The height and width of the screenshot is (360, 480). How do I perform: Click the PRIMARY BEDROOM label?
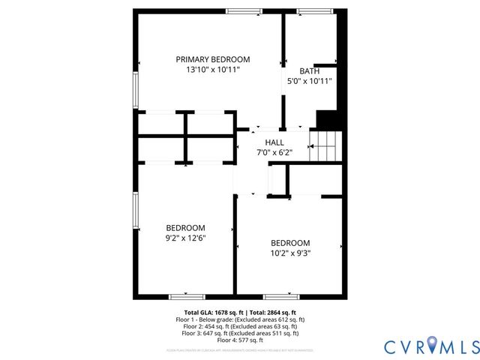(x=212, y=59)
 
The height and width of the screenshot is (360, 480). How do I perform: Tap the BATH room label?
(x=309, y=71)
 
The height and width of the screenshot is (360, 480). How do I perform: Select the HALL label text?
(x=274, y=142)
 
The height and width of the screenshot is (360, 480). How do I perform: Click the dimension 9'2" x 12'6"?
(x=185, y=238)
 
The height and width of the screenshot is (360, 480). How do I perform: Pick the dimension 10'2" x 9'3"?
(x=290, y=253)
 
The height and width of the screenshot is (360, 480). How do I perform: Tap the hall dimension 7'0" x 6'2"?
(x=274, y=152)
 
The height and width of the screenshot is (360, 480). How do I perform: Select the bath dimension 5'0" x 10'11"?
(x=309, y=82)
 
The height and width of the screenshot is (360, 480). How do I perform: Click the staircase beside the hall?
(x=325, y=145)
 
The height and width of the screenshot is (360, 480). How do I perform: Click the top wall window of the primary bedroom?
(x=244, y=10)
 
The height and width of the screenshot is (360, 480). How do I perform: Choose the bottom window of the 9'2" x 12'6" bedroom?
(x=186, y=296)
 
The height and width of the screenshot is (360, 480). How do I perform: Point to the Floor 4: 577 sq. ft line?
(x=240, y=340)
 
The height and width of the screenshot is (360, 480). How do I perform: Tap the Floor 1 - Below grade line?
(x=240, y=319)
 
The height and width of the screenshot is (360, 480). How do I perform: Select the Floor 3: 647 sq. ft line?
(x=240, y=333)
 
